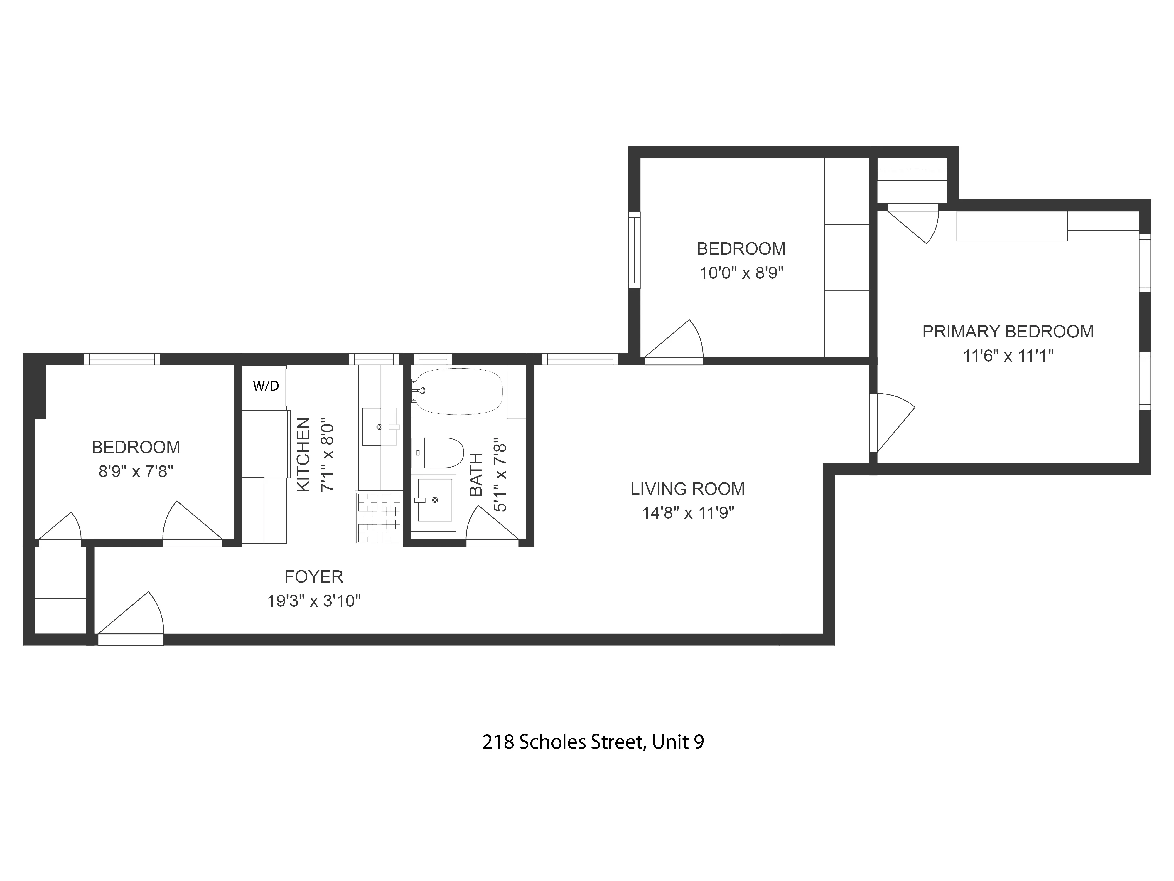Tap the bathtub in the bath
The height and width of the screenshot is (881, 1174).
458,392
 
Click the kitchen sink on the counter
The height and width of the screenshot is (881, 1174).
379,426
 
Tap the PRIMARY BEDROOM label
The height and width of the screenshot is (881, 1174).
1007,331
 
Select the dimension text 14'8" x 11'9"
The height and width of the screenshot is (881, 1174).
688,513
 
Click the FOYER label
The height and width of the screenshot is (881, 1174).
314,577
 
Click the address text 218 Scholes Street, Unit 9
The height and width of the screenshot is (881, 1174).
593,742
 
